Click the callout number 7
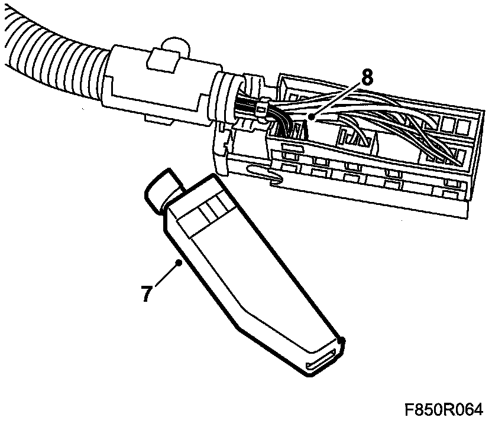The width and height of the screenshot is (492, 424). tap(145, 293)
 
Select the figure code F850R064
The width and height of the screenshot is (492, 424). tap(444, 410)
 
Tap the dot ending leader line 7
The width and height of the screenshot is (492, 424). tap(179, 263)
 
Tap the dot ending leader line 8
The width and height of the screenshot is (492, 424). tap(311, 116)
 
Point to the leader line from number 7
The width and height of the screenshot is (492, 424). tap(166, 275)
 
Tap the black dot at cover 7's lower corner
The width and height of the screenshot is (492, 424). tap(342, 340)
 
